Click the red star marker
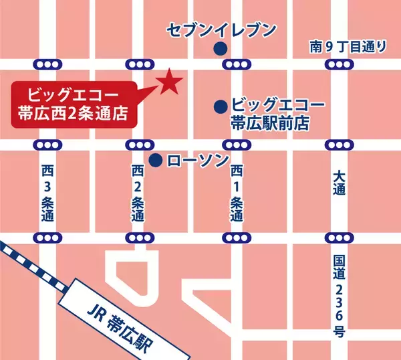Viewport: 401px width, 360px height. (170, 82)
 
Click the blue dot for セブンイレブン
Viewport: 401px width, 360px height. (219, 48)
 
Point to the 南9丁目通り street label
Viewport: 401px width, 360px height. (348, 46)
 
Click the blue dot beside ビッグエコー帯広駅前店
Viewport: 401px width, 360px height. (219, 106)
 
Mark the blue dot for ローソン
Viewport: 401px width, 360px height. (155, 160)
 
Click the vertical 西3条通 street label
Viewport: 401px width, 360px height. (46, 195)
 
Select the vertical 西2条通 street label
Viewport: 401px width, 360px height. (138, 195)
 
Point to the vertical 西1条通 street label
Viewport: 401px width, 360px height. (237, 195)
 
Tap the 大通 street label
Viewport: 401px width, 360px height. (339, 183)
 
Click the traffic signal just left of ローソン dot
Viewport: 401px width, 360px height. (139, 145)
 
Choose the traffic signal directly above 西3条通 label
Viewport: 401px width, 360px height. (46, 145)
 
